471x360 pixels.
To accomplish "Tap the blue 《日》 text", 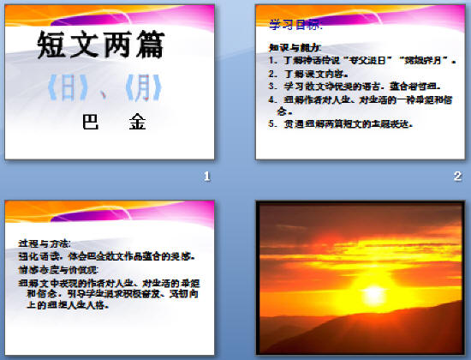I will click(69, 88).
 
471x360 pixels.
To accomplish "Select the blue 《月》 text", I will click(136, 88).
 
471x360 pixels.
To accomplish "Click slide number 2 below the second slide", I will click(457, 177).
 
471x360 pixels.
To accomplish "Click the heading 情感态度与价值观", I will click(57, 268).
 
